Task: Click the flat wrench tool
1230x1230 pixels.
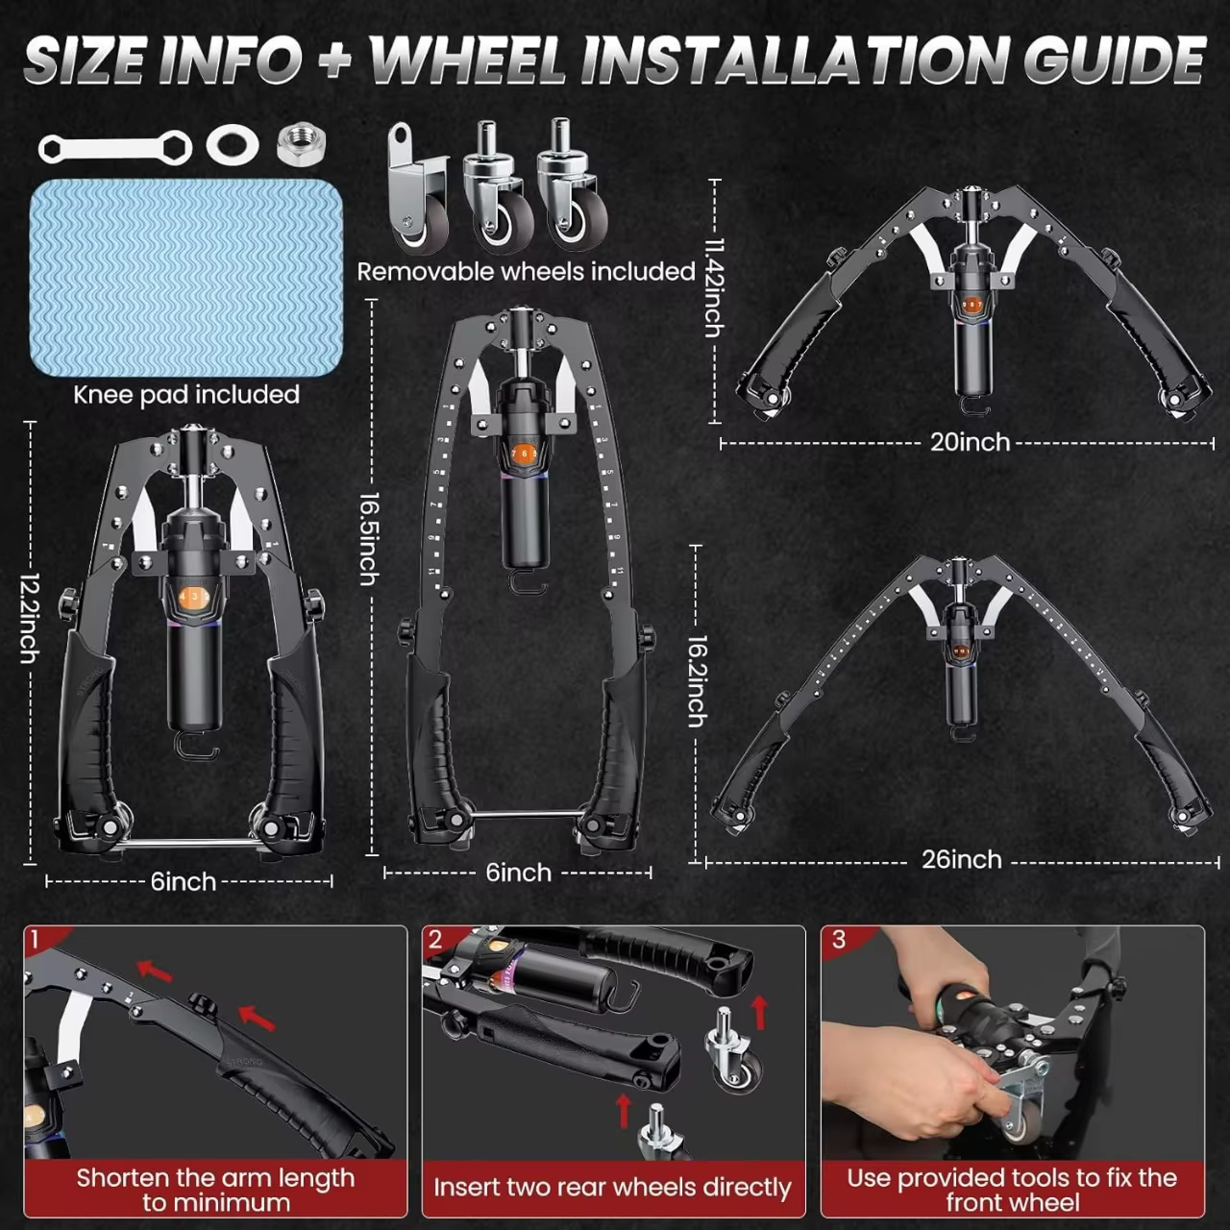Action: tap(114, 147)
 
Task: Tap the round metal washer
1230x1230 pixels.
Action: tap(233, 144)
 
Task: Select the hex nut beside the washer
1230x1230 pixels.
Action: tap(301, 144)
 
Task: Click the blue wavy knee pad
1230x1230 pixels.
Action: tap(186, 278)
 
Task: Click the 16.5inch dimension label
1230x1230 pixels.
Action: tap(369, 538)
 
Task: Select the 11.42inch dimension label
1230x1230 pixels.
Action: tap(713, 288)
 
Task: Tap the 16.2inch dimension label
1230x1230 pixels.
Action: tap(698, 681)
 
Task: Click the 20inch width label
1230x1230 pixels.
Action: tap(970, 442)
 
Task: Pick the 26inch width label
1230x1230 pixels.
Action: tap(961, 859)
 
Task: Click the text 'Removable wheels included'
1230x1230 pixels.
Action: tap(526, 272)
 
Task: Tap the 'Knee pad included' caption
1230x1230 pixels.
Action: tap(186, 395)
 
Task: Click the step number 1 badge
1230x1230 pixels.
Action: tap(36, 939)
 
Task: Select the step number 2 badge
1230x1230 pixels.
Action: tap(435, 939)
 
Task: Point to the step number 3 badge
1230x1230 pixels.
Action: tap(838, 939)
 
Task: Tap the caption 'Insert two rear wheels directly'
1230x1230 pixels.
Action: tap(612, 1188)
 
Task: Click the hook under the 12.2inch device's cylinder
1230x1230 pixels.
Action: tap(196, 746)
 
